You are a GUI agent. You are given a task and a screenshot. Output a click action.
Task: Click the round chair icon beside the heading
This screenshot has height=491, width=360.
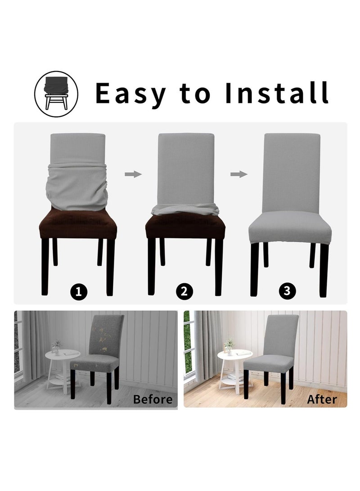coord(56,93)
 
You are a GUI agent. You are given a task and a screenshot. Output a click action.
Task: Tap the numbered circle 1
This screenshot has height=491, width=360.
coord(79,292)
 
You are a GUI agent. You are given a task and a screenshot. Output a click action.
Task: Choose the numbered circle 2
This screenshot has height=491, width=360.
coord(183,292)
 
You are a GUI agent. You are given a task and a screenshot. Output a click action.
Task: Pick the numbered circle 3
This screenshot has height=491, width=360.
coord(288,292)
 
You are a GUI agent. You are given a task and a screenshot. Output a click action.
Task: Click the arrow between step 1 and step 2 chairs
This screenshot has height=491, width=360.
coord(133,174)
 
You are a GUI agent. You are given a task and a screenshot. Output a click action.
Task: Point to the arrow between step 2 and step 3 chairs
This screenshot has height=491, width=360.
coord(238,174)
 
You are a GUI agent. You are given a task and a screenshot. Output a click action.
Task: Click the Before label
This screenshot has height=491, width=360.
coord(153,399)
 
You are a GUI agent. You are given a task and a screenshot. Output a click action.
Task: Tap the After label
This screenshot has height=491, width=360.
coord(322,399)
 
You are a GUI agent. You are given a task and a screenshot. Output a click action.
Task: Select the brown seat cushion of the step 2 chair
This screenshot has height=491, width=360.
coord(185,227)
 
